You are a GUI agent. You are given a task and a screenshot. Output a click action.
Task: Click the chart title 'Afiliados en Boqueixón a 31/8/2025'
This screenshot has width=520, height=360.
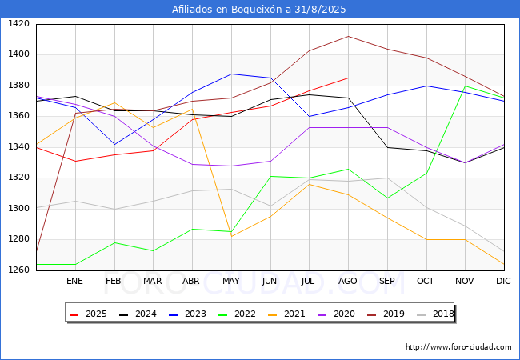pyautogui.click(x=260, y=9)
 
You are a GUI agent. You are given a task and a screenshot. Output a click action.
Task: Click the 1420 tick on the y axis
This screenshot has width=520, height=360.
pyautogui.click(x=18, y=24)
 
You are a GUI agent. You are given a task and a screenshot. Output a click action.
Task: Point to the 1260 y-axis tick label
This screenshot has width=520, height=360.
pyautogui.click(x=18, y=270)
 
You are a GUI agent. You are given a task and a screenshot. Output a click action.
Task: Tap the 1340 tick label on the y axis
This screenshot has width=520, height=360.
pyautogui.click(x=18, y=147)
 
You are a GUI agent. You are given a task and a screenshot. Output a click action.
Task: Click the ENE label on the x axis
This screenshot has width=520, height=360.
pyautogui.click(x=74, y=282)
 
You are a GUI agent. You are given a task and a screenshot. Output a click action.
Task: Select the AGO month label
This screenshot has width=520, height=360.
pyautogui.click(x=348, y=282)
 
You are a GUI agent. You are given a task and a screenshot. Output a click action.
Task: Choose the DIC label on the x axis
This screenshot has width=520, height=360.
pyautogui.click(x=503, y=282)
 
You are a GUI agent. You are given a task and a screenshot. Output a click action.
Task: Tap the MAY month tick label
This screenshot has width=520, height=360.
pyautogui.click(x=231, y=282)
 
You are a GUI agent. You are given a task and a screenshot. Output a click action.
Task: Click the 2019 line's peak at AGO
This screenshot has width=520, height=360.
pyautogui.click(x=348, y=36)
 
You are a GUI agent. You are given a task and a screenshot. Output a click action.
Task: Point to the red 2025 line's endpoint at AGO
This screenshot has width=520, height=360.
pyautogui.click(x=348, y=78)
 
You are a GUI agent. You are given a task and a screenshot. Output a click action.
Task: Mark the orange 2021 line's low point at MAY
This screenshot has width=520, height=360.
pyautogui.click(x=231, y=236)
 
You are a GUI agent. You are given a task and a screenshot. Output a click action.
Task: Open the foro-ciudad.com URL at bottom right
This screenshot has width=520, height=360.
pyautogui.click(x=458, y=347)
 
